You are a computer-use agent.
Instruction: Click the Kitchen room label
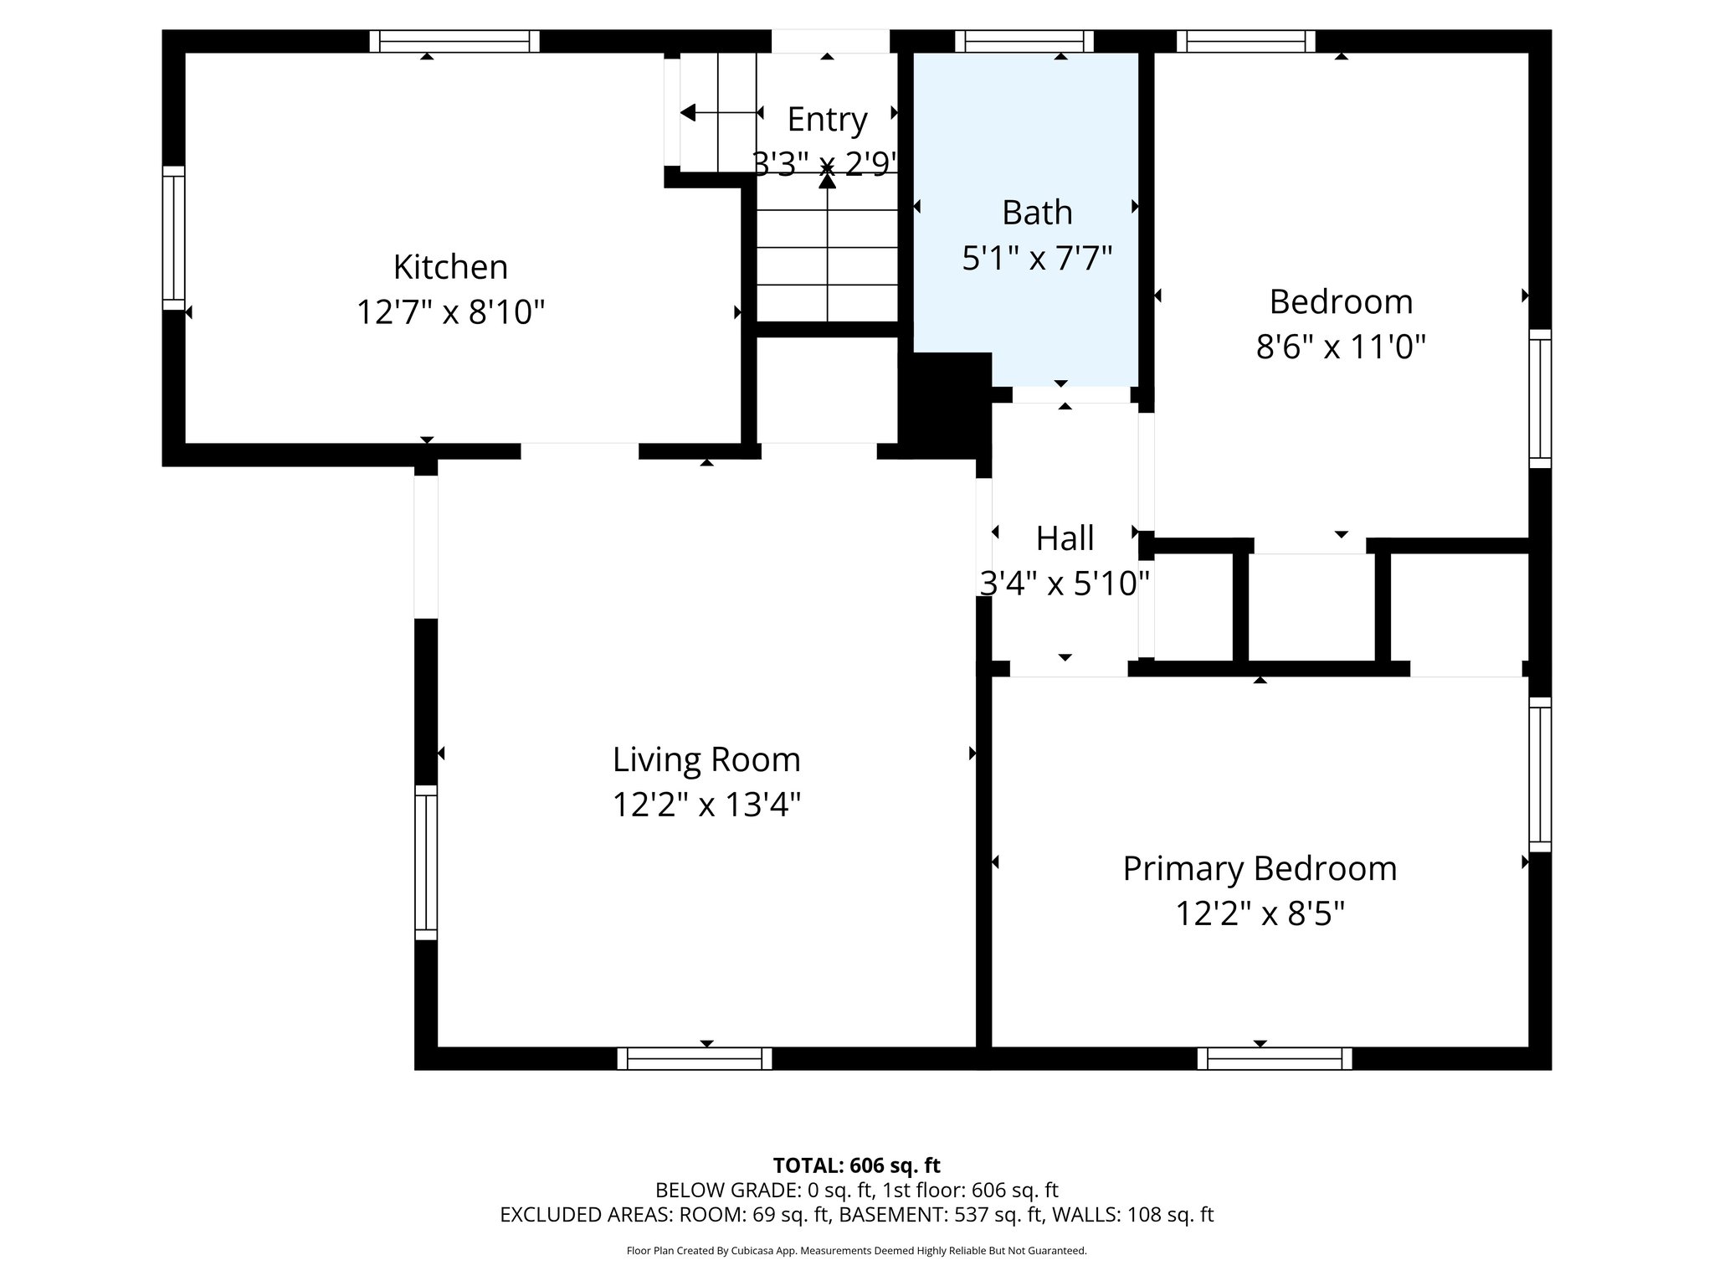coord(450,267)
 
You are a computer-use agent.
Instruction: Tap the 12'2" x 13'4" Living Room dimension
coord(706,805)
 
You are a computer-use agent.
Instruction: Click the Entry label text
coord(827,120)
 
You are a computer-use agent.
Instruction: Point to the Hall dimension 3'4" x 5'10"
coord(1065,584)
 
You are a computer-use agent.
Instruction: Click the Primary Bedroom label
coord(1260,868)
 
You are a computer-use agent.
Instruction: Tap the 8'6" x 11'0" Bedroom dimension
coord(1341,346)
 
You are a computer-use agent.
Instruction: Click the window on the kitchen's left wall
coord(173,238)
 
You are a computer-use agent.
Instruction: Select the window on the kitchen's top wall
coord(454,41)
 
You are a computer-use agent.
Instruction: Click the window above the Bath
coord(1024,41)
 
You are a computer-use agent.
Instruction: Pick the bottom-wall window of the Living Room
coord(695,1058)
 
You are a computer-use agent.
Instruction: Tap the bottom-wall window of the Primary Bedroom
coord(1275,1058)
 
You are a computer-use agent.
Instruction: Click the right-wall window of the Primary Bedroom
coord(1540,774)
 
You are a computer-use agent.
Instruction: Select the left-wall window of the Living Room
coord(426,862)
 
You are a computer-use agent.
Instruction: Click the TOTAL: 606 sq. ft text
coord(856,1165)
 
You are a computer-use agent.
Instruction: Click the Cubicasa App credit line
coord(856,1251)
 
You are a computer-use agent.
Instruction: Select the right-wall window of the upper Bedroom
coord(1540,398)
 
